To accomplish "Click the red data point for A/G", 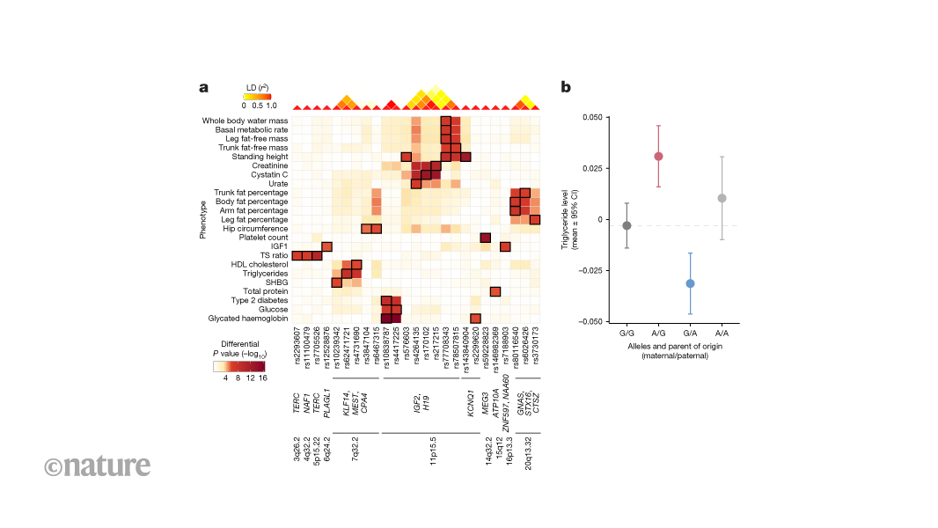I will [x=658, y=156].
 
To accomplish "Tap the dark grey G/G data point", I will [x=627, y=225].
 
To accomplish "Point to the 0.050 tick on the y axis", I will [x=592, y=116].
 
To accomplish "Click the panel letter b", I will [x=566, y=87].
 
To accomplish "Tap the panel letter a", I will [x=204, y=87].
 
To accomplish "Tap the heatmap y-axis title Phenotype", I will [x=203, y=221].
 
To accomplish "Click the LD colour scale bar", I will [x=257, y=96].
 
